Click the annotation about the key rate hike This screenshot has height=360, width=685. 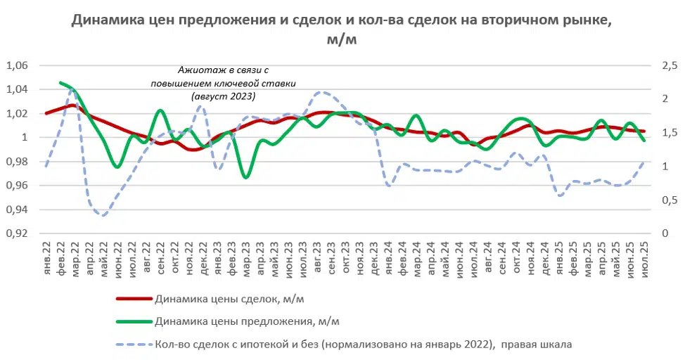(x=223, y=83)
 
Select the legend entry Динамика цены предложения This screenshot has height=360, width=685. (x=246, y=321)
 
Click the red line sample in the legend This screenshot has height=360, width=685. (x=134, y=298)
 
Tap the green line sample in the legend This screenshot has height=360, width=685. (x=134, y=321)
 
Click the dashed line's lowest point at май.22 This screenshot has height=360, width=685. (x=104, y=214)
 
